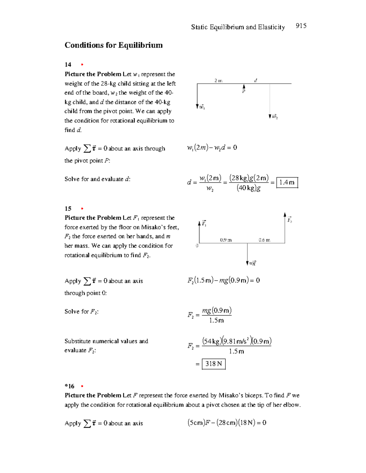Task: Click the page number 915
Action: [x=301, y=26]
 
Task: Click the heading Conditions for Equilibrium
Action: [x=113, y=45]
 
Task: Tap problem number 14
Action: [x=68, y=65]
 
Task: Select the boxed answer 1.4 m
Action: [x=287, y=182]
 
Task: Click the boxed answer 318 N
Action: [x=213, y=364]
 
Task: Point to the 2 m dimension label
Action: [x=218, y=81]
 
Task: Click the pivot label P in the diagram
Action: [x=244, y=91]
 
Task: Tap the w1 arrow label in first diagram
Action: [x=202, y=107]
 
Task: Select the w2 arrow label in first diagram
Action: [x=275, y=116]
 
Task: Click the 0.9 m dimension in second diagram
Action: [x=226, y=240]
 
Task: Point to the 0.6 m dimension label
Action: [x=264, y=240]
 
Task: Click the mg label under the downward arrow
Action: [x=253, y=263]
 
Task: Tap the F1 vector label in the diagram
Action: [x=204, y=224]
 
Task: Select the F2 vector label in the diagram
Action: [x=289, y=220]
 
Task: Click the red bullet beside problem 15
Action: [x=82, y=209]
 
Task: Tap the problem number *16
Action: [x=69, y=386]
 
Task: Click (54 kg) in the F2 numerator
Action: [x=212, y=341]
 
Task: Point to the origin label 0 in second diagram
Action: [x=197, y=245]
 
